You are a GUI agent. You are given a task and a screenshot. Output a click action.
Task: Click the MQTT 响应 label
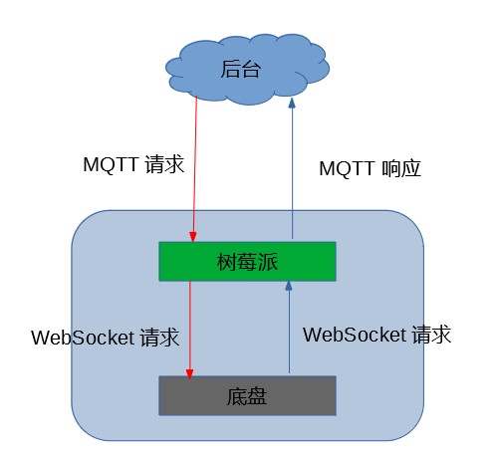pos(370,168)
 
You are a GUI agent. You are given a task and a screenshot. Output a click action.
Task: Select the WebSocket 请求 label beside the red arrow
pos(105,337)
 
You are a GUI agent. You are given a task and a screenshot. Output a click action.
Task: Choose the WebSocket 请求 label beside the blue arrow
pos(376,335)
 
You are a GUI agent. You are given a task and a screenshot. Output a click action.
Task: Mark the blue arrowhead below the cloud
pos(292,103)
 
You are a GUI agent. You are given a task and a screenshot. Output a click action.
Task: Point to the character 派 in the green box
pos(267,262)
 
